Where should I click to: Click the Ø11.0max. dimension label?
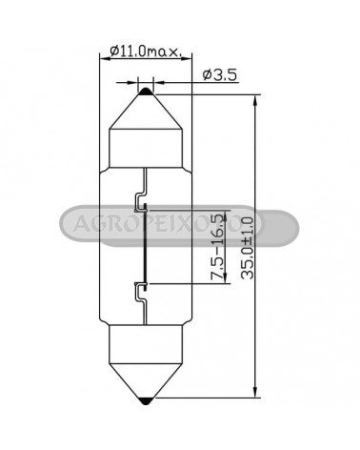coord(146,51)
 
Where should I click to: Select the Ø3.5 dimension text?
coord(220,75)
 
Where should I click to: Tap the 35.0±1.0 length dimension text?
coord(247,248)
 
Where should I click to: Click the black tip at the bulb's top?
coord(146,92)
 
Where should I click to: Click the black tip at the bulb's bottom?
coord(146,401)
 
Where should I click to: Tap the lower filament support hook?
coord(141,294)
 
